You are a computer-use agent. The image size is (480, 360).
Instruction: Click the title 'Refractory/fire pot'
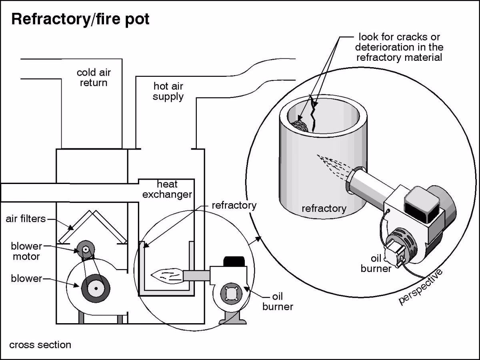[80, 19]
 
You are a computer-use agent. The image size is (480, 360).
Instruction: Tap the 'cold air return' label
[94, 78]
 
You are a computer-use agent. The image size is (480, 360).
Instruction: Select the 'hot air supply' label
[168, 91]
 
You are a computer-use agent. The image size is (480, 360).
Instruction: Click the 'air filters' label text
[26, 219]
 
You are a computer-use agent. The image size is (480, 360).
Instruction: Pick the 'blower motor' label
[26, 251]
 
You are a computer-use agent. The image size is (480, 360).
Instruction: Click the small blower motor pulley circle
[85, 249]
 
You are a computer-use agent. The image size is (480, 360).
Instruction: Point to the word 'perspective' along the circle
[421, 286]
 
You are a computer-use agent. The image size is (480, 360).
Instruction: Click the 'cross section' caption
[40, 344]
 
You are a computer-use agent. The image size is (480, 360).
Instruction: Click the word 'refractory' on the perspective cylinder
[324, 208]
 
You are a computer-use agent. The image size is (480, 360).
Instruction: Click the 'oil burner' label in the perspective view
[376, 263]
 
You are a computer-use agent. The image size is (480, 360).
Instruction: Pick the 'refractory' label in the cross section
[234, 206]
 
